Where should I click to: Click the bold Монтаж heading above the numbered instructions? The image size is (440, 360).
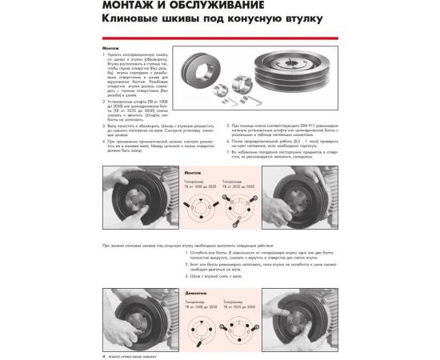tap(111, 47)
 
